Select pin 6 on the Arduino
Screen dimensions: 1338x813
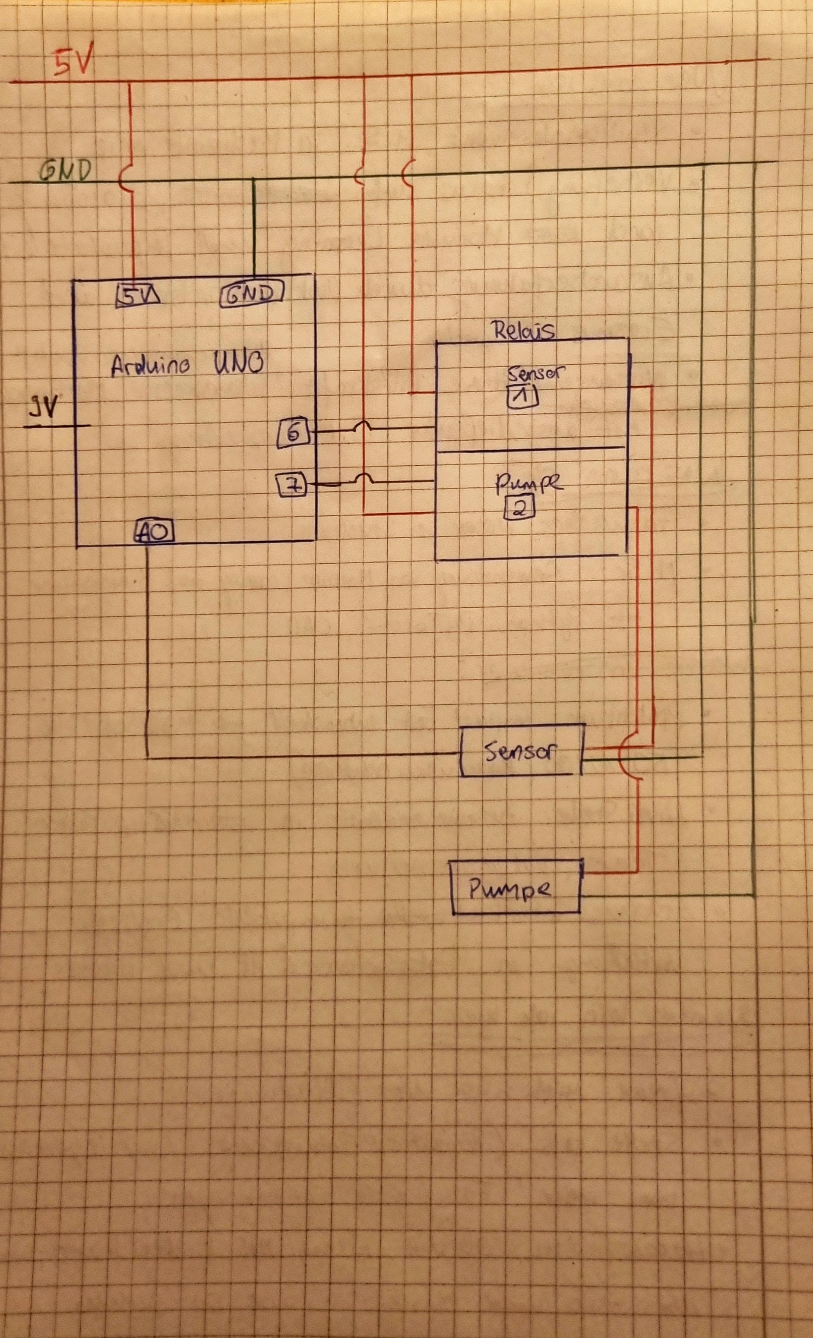click(294, 433)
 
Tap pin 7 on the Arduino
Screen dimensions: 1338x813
click(292, 485)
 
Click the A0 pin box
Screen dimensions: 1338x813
click(154, 532)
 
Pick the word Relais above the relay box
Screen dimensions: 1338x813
click(522, 330)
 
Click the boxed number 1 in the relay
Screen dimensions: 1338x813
click(522, 396)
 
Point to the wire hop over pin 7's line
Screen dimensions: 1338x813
click(362, 477)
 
